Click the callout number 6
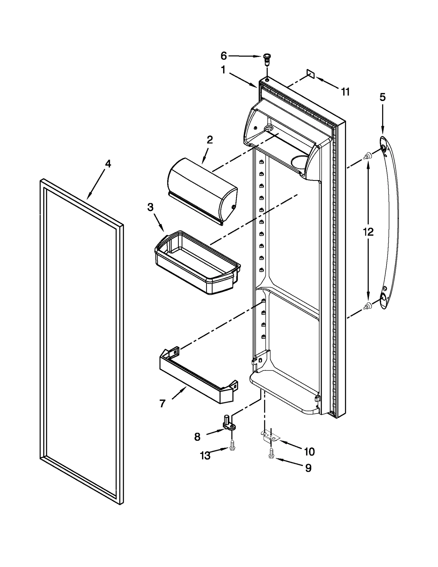tap(224, 56)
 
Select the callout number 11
tap(345, 92)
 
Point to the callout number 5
tap(382, 97)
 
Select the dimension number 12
tap(368, 232)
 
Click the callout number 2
tap(209, 140)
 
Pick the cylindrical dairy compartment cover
tap(203, 190)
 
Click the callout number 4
tap(108, 164)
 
